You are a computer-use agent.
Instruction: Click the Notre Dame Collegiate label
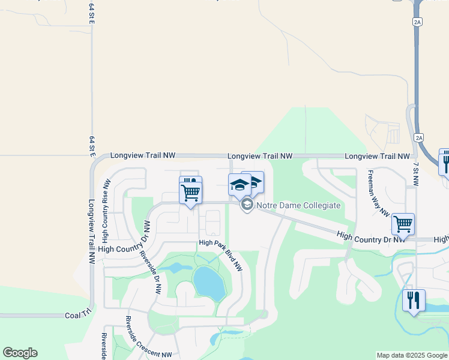coord(299,205)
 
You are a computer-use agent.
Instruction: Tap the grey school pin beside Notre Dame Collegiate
coord(246,205)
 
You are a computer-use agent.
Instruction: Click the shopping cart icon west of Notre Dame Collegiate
coord(190,193)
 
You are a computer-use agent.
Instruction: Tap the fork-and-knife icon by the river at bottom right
coord(413,300)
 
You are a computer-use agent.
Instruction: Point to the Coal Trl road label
coord(77,315)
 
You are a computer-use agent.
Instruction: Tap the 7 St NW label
coord(415,172)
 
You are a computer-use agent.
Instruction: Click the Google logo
coord(20,353)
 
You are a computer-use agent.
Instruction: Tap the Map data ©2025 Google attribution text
coord(412,355)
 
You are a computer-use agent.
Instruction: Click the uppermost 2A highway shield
coord(417,22)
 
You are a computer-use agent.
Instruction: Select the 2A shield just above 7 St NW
coord(418,138)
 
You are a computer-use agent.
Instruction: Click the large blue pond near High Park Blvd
coord(208,282)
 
